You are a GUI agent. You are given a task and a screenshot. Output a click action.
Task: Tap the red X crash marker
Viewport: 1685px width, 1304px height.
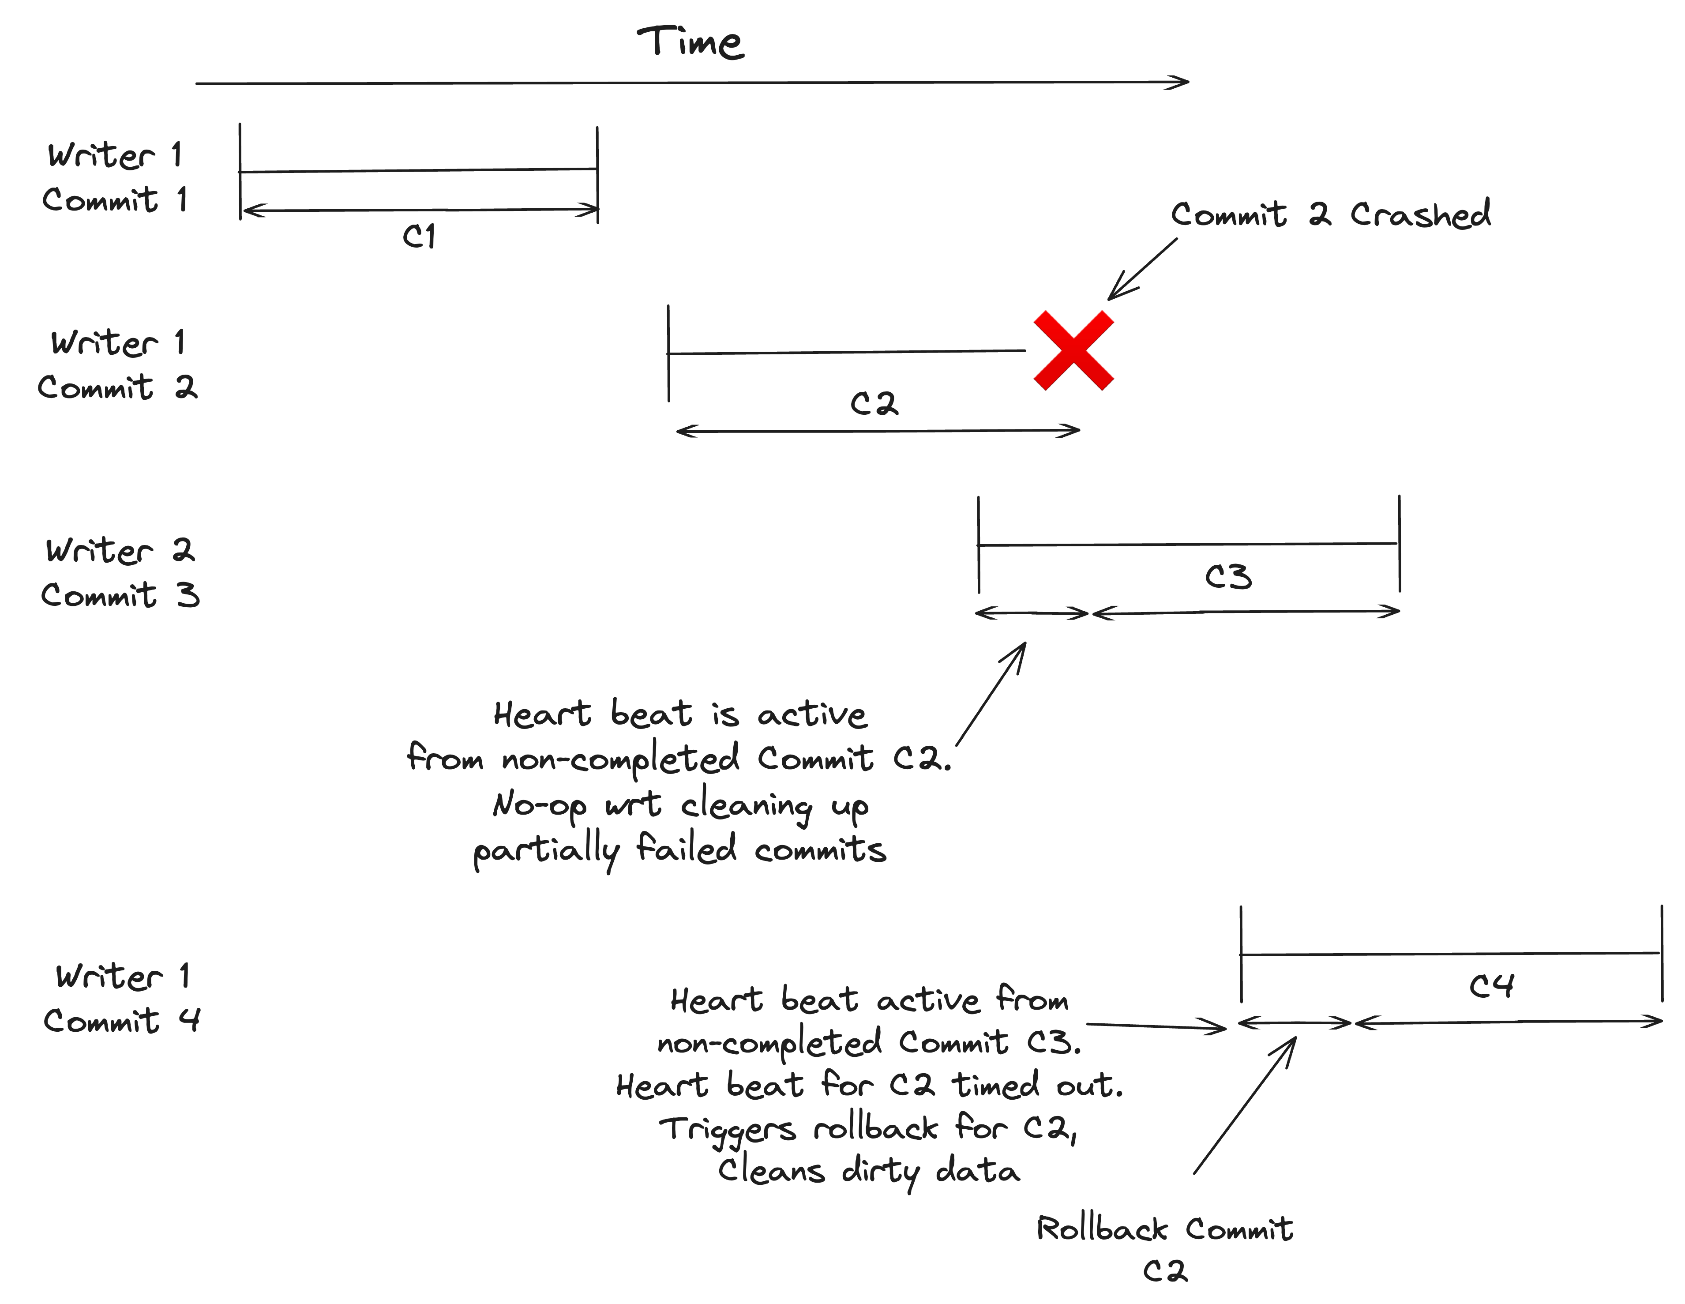point(1073,350)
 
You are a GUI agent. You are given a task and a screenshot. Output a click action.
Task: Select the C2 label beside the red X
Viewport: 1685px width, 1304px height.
point(874,403)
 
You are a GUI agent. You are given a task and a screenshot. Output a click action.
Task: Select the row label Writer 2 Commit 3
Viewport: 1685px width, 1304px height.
point(120,572)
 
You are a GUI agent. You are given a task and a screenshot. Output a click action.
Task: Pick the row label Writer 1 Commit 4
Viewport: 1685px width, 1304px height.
point(121,999)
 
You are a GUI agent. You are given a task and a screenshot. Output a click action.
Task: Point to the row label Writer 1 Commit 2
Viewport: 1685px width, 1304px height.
point(117,364)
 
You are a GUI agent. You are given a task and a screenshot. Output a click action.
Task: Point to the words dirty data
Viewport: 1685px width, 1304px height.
point(931,1171)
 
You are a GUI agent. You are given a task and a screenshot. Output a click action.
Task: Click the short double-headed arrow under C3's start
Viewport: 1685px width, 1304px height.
point(1032,613)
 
